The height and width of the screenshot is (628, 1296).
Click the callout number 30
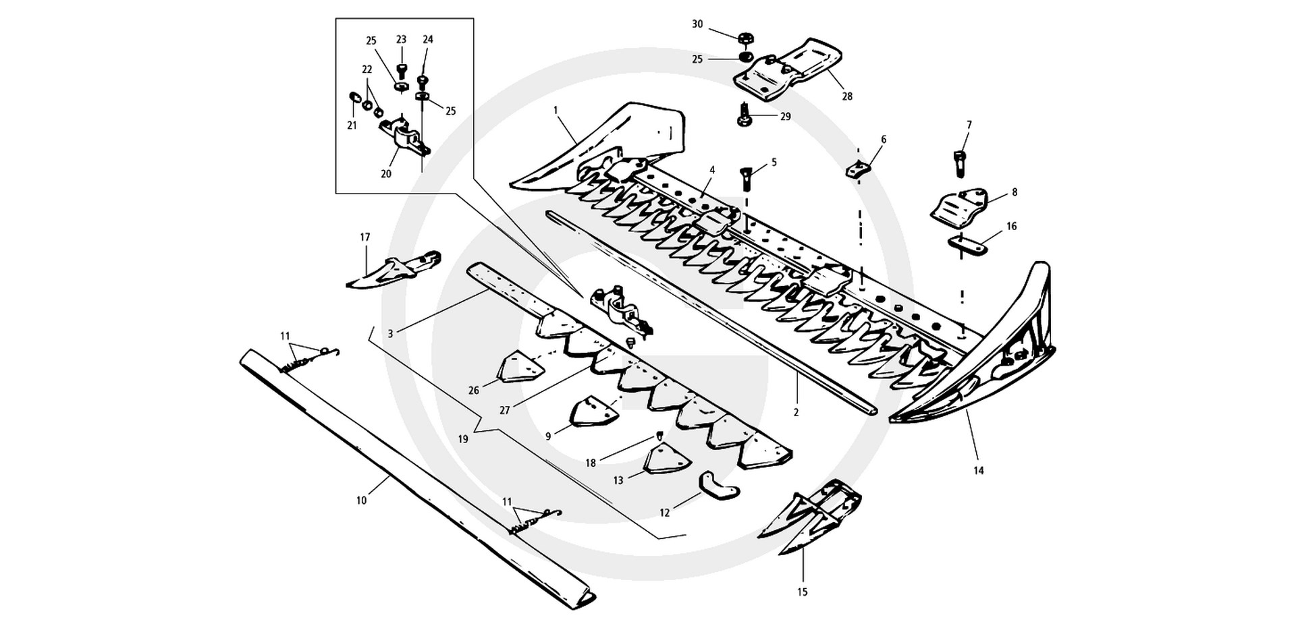click(697, 24)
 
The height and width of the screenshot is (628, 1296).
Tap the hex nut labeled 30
click(746, 38)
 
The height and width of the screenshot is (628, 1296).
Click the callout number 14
click(978, 471)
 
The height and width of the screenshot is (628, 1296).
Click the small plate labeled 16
click(967, 246)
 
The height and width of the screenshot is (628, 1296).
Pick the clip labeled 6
click(855, 167)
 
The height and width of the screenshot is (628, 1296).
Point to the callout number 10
click(361, 501)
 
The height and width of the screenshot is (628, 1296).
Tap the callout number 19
click(462, 439)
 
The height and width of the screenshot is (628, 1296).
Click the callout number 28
click(847, 96)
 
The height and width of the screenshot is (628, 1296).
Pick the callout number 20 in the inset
click(385, 173)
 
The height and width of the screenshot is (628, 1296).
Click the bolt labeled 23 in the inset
click(401, 69)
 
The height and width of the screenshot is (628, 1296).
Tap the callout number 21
click(352, 125)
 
